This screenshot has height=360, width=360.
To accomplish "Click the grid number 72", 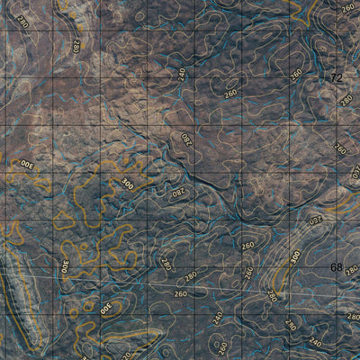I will [x=337, y=78].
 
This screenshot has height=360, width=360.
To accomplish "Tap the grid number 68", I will [x=337, y=267].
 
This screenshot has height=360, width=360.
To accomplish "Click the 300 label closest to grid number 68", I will [x=294, y=257].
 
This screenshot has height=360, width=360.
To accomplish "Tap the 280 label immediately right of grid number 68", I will [x=352, y=267].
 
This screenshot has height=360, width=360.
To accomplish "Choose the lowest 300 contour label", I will [x=106, y=309].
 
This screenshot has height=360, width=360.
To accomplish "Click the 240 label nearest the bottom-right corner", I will [x=314, y=343].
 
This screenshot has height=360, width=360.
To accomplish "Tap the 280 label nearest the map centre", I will [x=177, y=192].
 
